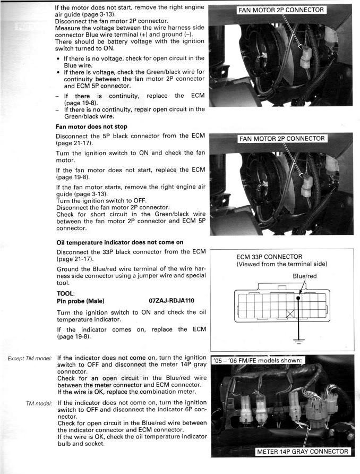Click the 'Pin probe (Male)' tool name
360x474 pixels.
(x=80, y=301)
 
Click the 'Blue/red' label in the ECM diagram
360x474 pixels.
(x=304, y=276)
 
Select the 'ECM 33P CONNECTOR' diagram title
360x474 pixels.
(x=269, y=257)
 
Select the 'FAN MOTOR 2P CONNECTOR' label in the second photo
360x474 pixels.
(x=281, y=139)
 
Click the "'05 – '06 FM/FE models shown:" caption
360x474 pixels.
(x=258, y=360)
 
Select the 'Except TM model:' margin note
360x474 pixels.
(x=30, y=359)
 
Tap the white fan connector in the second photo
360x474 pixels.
(x=306, y=183)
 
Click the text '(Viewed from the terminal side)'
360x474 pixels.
(x=282, y=264)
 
